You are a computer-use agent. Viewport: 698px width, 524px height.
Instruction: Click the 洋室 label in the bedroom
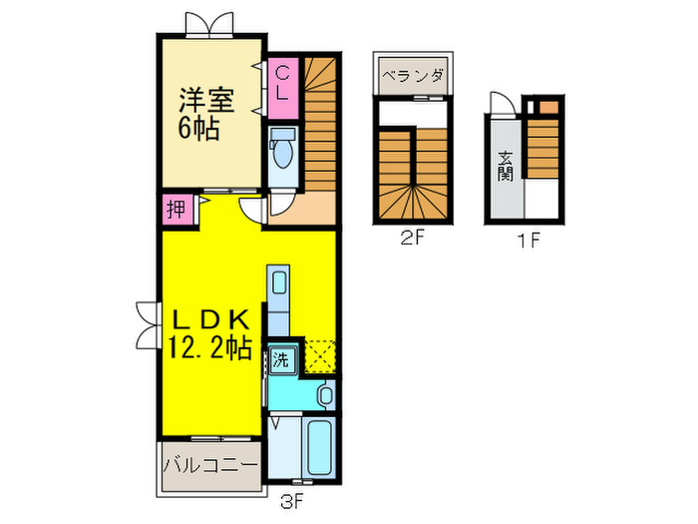[x=205, y=100]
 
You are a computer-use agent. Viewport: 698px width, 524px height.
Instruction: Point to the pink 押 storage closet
[x=174, y=211]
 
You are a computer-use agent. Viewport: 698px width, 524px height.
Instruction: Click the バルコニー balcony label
[x=209, y=465]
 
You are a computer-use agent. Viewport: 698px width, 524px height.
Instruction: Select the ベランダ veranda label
[x=411, y=74]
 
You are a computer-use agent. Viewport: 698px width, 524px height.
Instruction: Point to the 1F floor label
[x=528, y=240]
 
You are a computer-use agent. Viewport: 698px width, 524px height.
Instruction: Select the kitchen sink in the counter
[x=279, y=281]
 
